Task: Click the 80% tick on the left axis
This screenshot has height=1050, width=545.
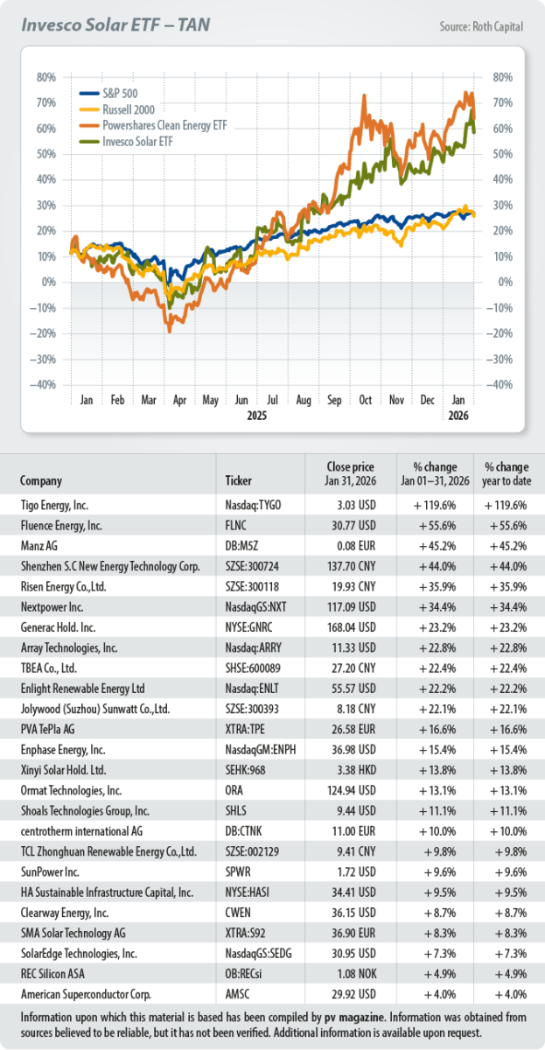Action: tap(46, 77)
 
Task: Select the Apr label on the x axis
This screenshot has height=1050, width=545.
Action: tap(178, 400)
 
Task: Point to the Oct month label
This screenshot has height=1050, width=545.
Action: tap(365, 400)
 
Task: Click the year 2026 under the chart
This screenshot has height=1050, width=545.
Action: tap(458, 416)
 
